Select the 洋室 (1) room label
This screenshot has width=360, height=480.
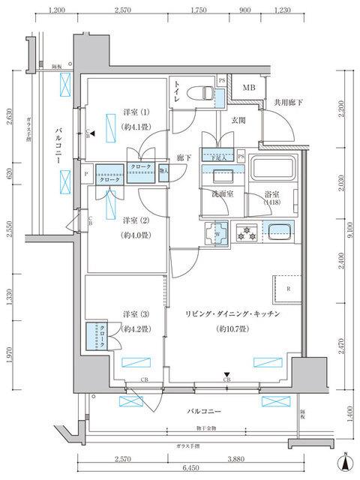pos(136,112)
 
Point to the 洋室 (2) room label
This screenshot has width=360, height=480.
pos(136,220)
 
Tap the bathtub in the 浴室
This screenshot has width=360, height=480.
pos(274,173)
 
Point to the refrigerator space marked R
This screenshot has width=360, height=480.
pos(288,289)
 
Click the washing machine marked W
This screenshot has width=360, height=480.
pos(217,232)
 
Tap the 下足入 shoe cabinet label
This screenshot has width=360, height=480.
pos(218,157)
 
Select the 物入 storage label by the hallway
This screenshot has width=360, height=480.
pos(164,170)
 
